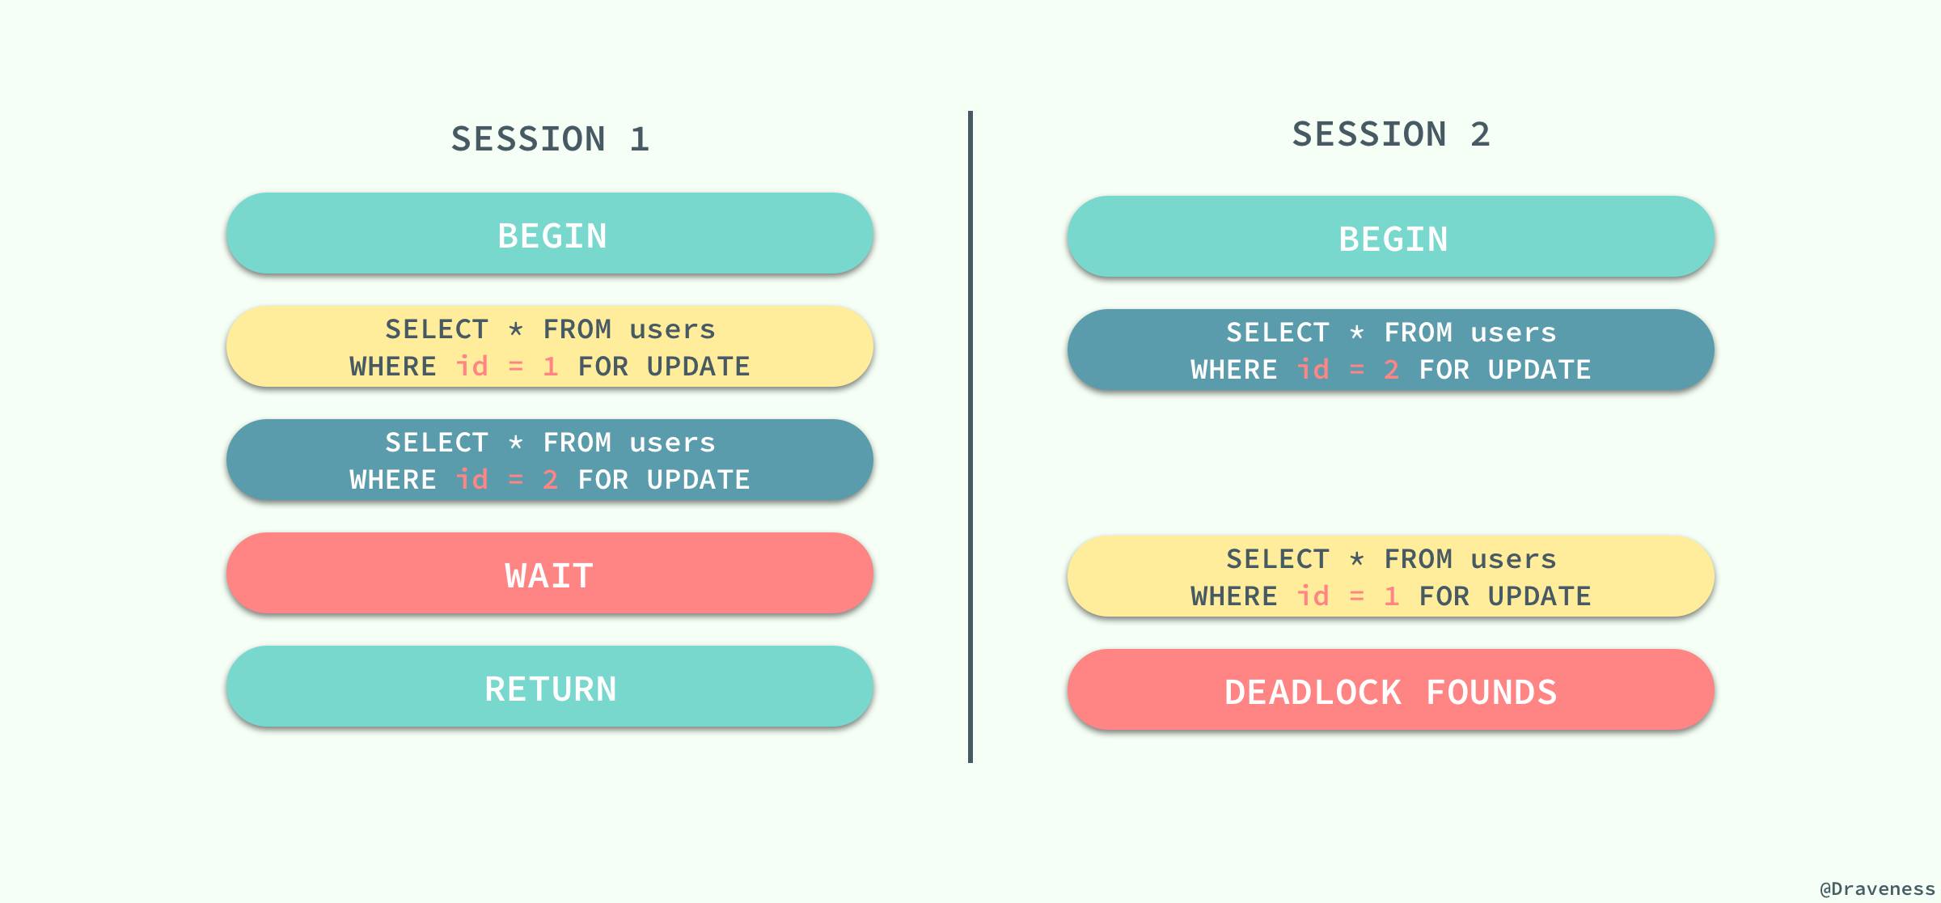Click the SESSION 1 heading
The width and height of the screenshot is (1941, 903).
coord(550,139)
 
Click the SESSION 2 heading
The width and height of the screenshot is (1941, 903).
coord(1391,134)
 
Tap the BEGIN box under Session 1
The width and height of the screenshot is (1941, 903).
coord(550,235)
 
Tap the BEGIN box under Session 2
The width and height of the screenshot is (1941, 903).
coord(1391,238)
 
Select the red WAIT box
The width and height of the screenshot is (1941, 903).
coord(550,574)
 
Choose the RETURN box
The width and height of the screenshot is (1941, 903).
coord(550,688)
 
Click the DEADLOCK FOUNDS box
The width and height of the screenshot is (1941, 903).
coord(1391,691)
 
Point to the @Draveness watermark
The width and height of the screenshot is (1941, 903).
coord(1876,888)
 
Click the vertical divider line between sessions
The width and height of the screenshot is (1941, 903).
coord(970,437)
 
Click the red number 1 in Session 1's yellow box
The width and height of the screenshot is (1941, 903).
coord(551,367)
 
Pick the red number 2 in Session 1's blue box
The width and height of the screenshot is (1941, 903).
coord(551,480)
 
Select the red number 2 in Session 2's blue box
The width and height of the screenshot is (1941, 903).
coord(1392,370)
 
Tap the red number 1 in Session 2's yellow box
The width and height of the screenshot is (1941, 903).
coord(1392,596)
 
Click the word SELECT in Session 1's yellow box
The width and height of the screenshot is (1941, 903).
coord(437,329)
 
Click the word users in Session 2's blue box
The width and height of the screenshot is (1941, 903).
coord(1513,333)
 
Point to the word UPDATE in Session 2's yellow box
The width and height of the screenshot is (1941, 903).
coord(1539,596)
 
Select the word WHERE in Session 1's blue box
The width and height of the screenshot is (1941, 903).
coord(393,480)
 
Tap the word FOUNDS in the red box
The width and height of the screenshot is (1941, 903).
coord(1491,693)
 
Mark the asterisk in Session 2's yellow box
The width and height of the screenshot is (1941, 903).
coord(1357,559)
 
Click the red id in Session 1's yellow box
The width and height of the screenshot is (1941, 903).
coord(472,367)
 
